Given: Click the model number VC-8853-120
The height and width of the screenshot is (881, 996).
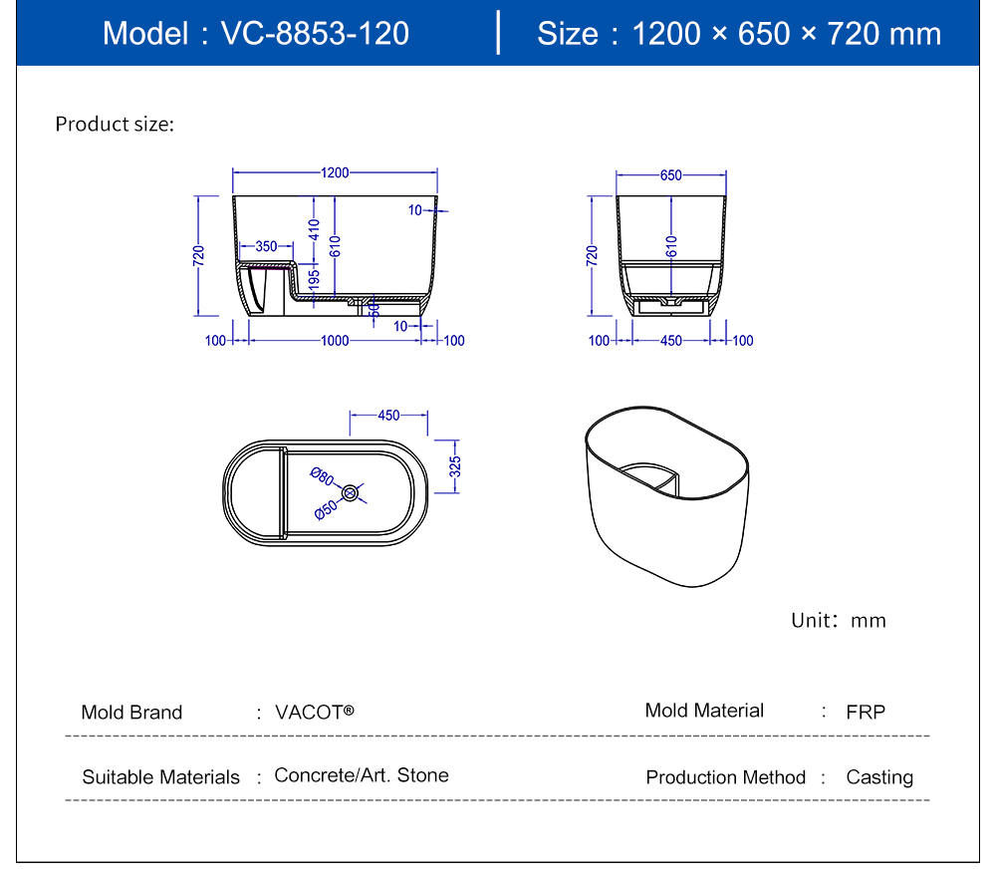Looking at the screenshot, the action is pos(315,33).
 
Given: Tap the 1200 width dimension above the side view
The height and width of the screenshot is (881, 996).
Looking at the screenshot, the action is pos(335,172).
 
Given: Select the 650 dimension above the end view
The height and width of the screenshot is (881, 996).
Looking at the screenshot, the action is pos(670,174).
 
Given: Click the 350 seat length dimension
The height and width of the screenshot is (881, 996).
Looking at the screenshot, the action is pos(266,246).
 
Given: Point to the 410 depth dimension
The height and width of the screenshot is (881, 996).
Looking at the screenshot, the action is pos(314,230).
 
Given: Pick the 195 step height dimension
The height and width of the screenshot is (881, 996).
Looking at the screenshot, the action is pos(313,279).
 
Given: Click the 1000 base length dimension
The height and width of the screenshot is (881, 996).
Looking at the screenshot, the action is pos(335,341).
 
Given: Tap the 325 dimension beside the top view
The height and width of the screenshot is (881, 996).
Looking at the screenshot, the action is pos(455,466).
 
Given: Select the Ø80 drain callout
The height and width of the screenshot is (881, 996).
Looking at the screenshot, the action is pos(322,476).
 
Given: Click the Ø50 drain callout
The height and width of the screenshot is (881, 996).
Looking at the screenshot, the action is pos(327,510).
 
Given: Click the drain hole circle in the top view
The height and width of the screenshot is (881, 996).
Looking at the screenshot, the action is pos(350,492).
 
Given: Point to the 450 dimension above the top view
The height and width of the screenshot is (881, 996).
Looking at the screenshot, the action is pos(388,415).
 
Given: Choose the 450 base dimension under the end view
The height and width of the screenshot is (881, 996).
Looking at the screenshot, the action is pos(670,341).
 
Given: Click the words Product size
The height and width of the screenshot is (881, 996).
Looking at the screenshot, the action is pos(115,124).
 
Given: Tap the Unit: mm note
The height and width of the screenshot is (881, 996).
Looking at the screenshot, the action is pos(839,620).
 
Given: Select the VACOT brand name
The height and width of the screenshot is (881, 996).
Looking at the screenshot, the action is pos(315,712).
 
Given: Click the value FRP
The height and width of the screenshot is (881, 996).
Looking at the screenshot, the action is pos(866,712).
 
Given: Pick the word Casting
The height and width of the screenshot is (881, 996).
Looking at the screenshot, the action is pos(879,776).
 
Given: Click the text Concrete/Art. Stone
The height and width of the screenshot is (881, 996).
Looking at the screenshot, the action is pos(361,774).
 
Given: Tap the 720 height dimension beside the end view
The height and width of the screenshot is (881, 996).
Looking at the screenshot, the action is pos(592,255).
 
